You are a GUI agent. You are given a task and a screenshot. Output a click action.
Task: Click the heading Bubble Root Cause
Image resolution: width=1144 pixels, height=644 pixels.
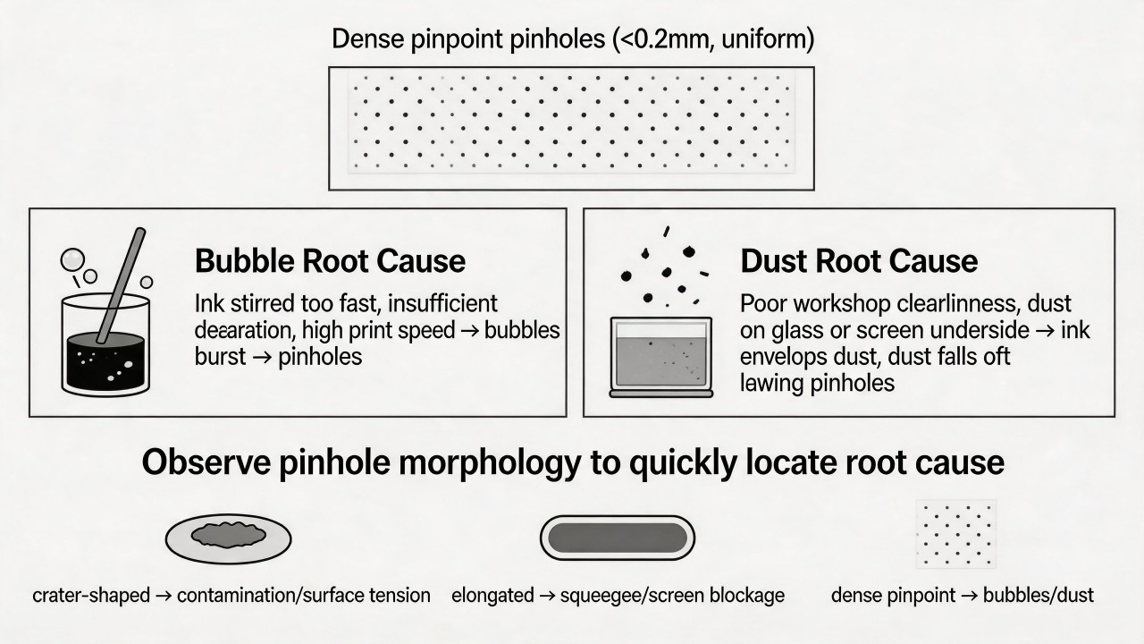[x=330, y=260]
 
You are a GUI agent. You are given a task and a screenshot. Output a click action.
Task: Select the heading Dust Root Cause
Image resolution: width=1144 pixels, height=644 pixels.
[x=859, y=260]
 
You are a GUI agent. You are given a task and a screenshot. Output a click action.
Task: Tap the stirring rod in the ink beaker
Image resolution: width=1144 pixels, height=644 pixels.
[x=121, y=285]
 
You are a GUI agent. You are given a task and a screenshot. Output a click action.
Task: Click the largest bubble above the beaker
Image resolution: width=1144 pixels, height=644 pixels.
[x=72, y=259]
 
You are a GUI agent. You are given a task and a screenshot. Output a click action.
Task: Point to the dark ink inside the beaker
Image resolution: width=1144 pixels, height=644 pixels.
[x=105, y=360]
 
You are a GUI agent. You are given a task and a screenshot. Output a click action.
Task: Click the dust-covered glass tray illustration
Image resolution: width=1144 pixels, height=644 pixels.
[x=661, y=357]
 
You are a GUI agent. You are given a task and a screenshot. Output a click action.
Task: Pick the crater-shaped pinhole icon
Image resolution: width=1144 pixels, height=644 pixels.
[x=228, y=539]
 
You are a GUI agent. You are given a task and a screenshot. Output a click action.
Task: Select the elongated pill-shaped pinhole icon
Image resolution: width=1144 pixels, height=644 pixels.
[x=618, y=538]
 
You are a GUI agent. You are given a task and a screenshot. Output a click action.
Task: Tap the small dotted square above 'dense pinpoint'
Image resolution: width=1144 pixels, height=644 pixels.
[x=956, y=534]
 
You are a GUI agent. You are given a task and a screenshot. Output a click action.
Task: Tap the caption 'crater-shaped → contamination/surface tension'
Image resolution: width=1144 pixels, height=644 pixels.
[x=231, y=596]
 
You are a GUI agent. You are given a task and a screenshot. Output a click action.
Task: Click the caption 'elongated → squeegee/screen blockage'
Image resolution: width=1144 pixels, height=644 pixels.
[x=618, y=596]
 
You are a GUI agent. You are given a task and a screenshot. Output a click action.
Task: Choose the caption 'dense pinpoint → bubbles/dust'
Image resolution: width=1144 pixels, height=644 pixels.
[x=963, y=596]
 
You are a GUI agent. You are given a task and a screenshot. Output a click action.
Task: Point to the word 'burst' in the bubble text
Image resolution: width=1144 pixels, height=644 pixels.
[x=220, y=357]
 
